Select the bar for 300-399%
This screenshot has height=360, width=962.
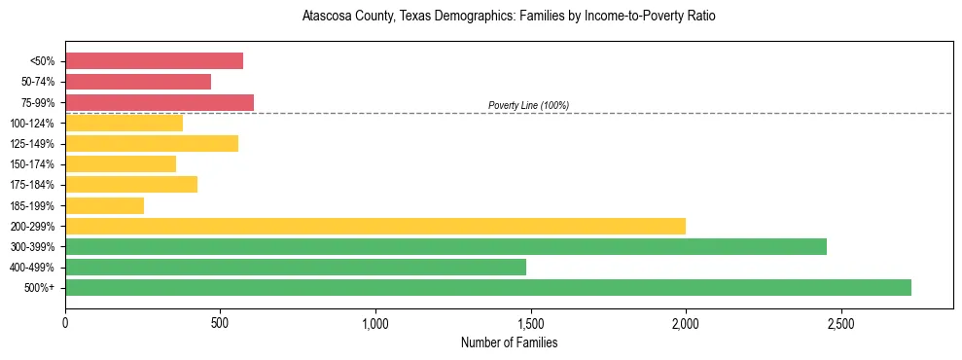pos(445,246)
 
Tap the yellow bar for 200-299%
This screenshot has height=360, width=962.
pos(375,226)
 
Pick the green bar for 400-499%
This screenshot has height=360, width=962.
pos(296,267)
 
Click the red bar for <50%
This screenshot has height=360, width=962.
pos(154,61)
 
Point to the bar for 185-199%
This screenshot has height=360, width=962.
pos(104,205)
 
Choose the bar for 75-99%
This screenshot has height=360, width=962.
pos(160,102)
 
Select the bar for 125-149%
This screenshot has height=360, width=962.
pos(152,143)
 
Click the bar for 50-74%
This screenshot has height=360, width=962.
pos(138,82)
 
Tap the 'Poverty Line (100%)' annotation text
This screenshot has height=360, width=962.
pos(528,105)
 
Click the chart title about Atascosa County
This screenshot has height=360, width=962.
pos(509,17)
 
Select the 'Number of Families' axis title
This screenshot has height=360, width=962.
pos(509,342)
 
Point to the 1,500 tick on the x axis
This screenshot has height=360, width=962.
pos(530,322)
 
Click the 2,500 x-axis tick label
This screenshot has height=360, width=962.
pos(840,322)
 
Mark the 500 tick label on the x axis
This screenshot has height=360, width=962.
pos(220,322)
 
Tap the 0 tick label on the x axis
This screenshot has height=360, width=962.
pos(65,322)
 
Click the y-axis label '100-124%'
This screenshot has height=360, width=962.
pos(32,124)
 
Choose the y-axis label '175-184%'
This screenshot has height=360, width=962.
pos(32,185)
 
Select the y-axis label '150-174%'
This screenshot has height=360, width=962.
pos(32,164)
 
